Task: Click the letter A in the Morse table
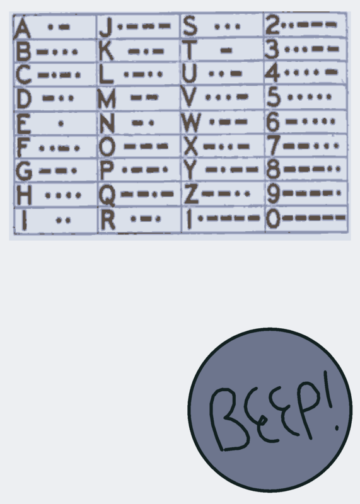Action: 23,28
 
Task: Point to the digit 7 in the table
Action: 274,146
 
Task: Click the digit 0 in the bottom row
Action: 273,219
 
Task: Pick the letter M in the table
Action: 107,98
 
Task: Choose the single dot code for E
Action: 61,123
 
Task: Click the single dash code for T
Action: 226,50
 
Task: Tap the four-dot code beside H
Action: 63,195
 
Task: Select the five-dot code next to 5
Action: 309,97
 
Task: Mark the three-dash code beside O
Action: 146,146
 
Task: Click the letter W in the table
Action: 191,122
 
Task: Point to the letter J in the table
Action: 106,27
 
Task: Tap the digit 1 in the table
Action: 189,219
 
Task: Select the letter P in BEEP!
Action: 306,408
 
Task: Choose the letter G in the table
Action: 23,171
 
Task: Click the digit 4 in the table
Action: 273,73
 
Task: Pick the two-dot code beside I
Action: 64,220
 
